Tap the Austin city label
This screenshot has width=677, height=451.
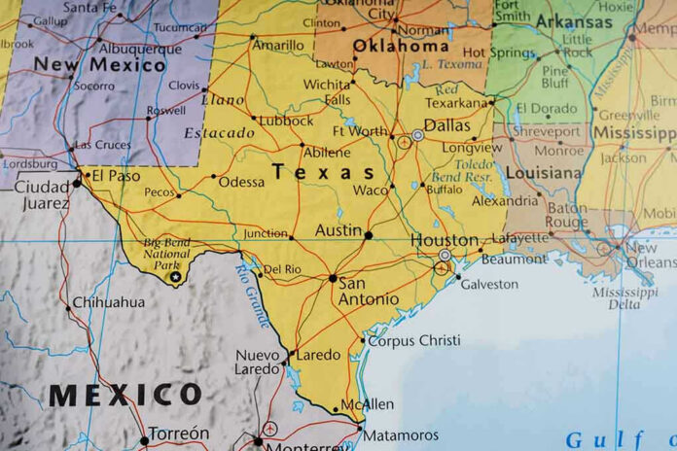click(338, 231)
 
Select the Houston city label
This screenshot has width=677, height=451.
click(444, 240)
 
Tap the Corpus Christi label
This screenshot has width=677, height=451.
click(414, 340)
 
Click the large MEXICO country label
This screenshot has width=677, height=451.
click(125, 395)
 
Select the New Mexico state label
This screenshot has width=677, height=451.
click(99, 65)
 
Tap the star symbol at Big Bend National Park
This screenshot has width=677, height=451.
click(175, 277)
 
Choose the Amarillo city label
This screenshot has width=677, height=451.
click(278, 46)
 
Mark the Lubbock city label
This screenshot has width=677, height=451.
click(287, 121)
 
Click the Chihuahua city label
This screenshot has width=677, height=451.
click(108, 302)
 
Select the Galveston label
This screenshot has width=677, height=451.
click(489, 285)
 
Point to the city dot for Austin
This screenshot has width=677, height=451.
click(368, 234)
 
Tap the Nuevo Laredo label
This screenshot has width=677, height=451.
click(258, 362)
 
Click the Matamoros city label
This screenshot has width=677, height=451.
click(400, 435)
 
